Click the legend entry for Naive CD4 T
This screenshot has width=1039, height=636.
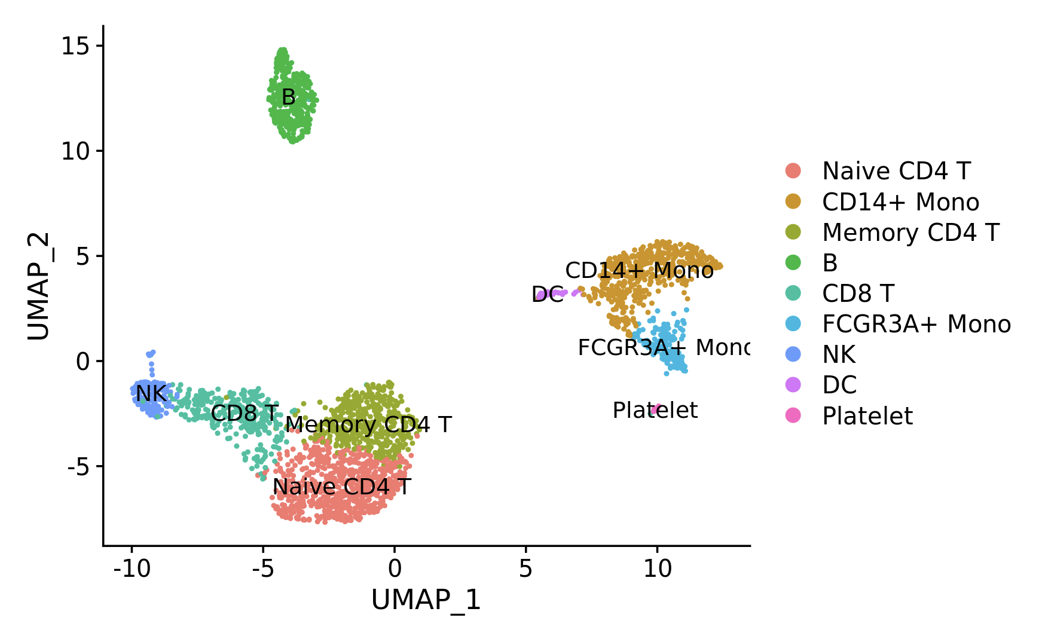tap(896, 171)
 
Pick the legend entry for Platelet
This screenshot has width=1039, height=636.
tap(867, 416)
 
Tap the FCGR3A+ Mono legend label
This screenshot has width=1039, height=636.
tap(916, 324)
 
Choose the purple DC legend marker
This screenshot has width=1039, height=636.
tap(793, 385)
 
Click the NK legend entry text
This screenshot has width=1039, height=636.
tap(839, 354)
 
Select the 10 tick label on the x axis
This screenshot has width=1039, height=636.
tap(657, 569)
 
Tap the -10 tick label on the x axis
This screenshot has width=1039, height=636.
tap(132, 569)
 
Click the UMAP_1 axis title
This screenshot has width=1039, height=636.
tap(426, 600)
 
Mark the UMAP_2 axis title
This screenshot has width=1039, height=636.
tap(38, 286)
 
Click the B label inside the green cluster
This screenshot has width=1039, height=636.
tap(288, 97)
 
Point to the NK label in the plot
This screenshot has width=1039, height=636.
tap(151, 393)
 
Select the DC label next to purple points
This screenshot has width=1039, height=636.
tap(547, 294)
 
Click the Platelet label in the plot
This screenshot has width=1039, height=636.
tap(655, 410)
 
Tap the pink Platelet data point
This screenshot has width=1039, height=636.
tap(656, 408)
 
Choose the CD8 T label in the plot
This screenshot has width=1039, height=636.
tap(245, 412)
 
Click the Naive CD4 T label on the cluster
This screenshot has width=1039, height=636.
tap(341, 487)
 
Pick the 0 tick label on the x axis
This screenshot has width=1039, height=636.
tap(394, 569)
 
